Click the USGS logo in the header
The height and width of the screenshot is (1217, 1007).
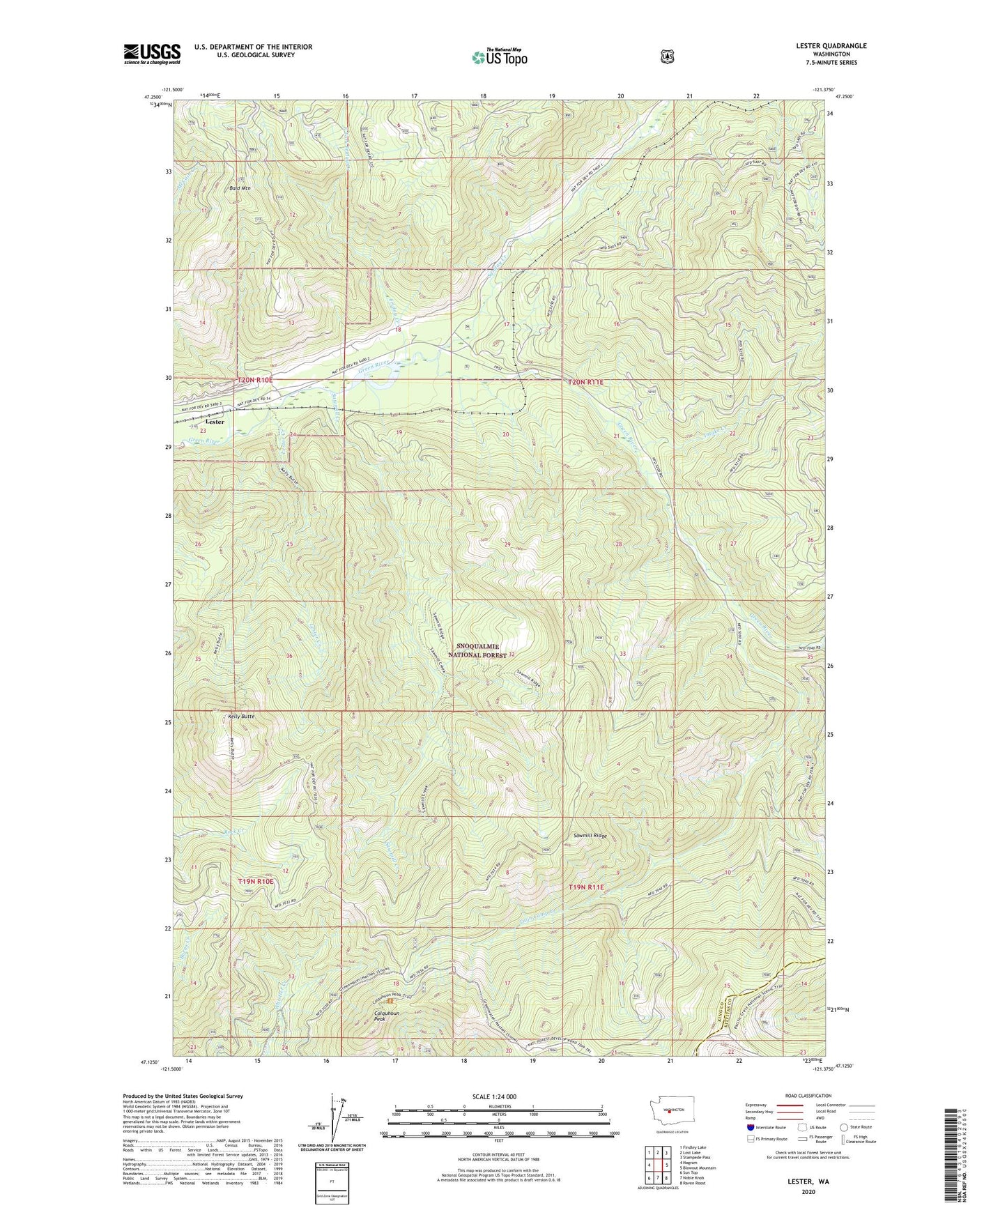click(152, 54)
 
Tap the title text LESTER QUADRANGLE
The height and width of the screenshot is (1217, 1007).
click(821, 46)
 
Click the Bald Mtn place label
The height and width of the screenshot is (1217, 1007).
click(239, 188)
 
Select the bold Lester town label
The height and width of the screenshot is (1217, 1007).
click(214, 422)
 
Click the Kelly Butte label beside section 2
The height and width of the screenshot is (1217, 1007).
click(241, 716)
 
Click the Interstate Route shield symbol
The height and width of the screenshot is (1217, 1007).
click(750, 1127)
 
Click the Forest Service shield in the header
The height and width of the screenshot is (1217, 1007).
click(667, 56)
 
